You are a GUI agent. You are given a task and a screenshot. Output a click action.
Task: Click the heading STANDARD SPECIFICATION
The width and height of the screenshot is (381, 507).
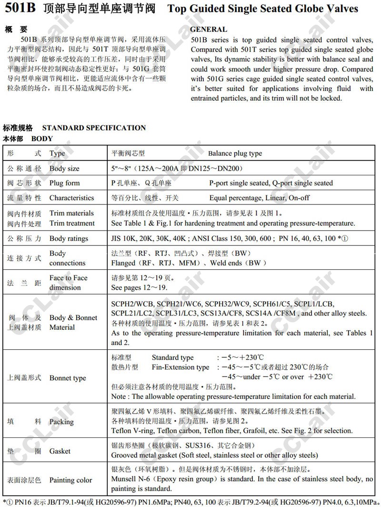94,128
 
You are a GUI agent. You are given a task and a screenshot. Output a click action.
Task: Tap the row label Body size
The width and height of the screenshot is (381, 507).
64,169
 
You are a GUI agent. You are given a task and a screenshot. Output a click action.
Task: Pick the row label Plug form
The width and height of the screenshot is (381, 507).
64,183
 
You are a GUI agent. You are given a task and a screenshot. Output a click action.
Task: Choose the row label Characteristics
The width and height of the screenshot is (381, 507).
72,198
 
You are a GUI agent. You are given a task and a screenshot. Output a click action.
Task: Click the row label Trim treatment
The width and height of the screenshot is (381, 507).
72,223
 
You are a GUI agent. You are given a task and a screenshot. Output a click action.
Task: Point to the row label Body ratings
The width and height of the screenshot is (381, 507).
69,238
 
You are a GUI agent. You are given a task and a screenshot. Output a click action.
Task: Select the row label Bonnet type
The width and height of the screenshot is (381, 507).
68,378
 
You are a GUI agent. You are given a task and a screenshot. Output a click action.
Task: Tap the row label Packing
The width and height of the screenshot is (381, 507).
61,421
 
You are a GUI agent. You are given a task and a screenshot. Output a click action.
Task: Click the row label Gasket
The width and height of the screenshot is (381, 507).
60,451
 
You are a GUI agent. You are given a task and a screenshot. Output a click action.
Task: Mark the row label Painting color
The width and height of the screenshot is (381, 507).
70,480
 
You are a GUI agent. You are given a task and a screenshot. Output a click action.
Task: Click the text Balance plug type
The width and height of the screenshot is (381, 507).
235,153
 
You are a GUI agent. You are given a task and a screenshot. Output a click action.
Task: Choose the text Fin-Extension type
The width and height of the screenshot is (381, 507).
180,367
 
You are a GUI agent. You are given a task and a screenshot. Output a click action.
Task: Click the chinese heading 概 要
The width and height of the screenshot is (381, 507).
17,30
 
